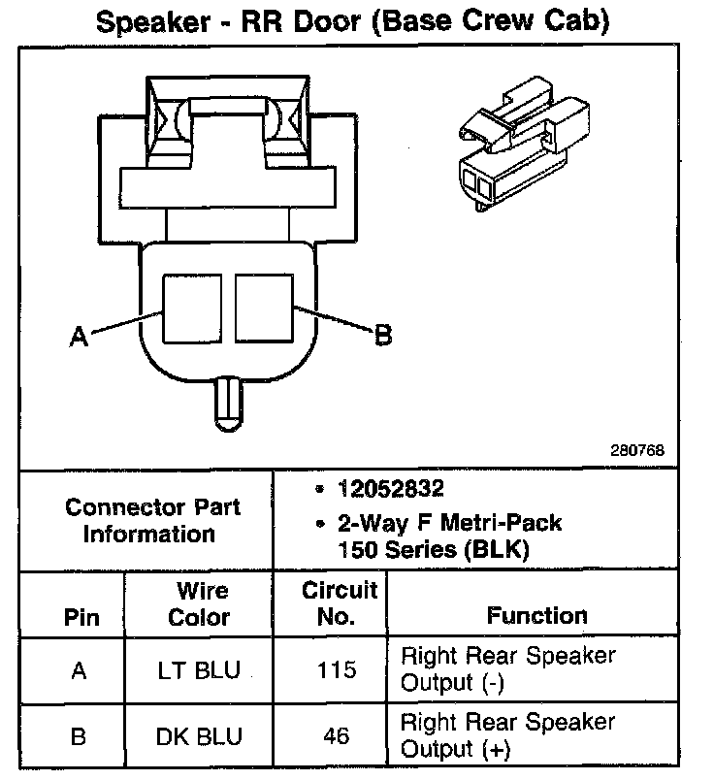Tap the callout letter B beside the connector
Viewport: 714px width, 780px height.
383,336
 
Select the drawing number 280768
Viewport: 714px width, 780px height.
637,450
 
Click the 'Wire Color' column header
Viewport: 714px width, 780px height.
201,603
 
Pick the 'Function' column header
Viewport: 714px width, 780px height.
536,615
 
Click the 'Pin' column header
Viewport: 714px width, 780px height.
81,617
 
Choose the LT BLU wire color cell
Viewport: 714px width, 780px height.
198,669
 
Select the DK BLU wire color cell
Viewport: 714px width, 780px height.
198,736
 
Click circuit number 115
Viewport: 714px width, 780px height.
337,669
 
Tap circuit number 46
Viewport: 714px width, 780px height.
337,736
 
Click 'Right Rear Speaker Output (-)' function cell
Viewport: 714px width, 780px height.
507,669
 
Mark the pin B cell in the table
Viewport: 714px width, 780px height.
79,736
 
